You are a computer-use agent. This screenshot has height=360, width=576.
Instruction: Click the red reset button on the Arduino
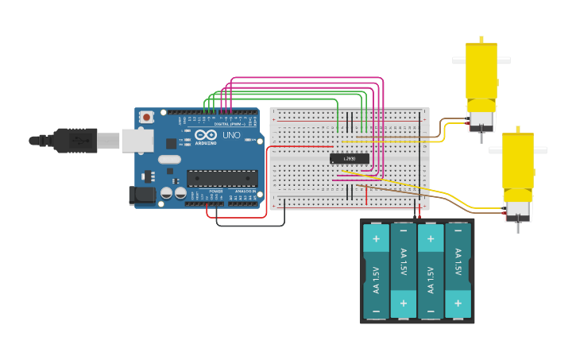pos(146,117)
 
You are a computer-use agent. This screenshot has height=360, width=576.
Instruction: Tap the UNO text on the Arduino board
pos(230,135)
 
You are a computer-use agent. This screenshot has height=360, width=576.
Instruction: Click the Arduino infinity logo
pos(205,134)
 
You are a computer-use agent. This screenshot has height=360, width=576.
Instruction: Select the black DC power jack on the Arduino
pos(141,195)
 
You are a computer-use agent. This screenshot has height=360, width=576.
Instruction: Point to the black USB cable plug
pos(75,141)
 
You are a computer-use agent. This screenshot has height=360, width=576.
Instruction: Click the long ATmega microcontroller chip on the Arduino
pos(222,178)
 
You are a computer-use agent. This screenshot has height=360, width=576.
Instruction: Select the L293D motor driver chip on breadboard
pos(350,158)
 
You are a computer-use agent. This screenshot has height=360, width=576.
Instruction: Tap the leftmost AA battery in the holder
pos(377,270)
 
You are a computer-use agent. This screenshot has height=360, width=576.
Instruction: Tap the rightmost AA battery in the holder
pos(458,270)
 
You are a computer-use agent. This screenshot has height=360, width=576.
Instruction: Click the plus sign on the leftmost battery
pos(376,238)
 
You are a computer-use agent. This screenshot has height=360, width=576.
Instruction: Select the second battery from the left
pos(404,270)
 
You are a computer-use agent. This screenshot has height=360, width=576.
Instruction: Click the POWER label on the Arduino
pos(216,192)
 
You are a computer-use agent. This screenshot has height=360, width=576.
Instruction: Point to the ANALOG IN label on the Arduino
pos(244,192)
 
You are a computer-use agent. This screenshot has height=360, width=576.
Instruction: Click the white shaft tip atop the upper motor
pos(481,38)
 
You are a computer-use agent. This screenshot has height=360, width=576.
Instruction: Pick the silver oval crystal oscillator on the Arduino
pos(169,159)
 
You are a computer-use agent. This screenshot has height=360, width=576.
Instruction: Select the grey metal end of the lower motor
pos(517,211)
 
